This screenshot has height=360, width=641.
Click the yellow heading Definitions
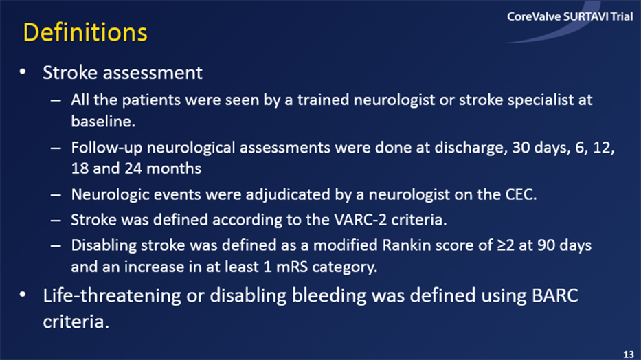pyautogui.click(x=85, y=32)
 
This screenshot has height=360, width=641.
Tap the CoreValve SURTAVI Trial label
pyautogui.click(x=570, y=16)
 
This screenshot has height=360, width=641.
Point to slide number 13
pyautogui.click(x=629, y=354)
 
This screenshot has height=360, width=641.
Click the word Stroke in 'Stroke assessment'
pyautogui.click(x=70, y=73)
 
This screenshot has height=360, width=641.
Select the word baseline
pyautogui.click(x=103, y=122)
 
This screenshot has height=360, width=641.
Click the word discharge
pyautogui.click(x=469, y=147)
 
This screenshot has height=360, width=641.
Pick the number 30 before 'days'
pyautogui.click(x=521, y=147)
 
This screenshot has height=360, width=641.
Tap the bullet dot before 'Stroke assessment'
pyautogui.click(x=23, y=72)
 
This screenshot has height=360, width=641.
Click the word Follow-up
pyautogui.click(x=106, y=148)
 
